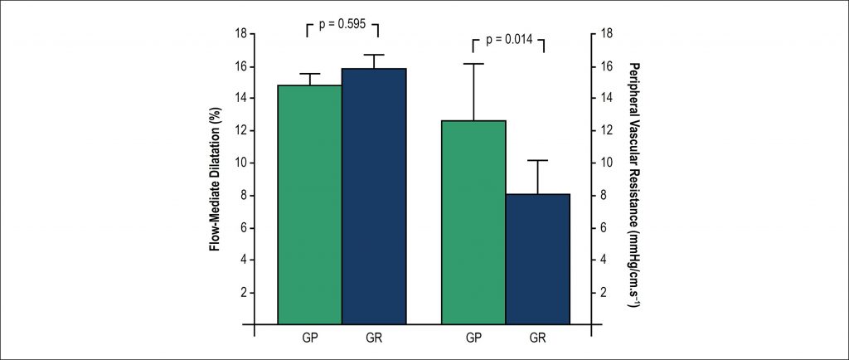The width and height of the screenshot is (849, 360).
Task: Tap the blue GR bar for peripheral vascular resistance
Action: click(538, 258)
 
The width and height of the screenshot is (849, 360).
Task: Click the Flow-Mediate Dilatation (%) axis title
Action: click(217, 179)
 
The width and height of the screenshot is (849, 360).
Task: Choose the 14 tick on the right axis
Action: click(605, 99)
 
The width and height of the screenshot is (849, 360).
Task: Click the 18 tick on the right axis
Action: click(605, 34)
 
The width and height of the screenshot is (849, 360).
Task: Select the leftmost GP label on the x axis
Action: click(310, 338)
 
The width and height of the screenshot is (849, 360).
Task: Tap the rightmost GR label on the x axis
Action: click(538, 338)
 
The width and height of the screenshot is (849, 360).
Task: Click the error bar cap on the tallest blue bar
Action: click(374, 55)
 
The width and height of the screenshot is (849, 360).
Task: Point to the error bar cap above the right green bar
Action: click(473, 64)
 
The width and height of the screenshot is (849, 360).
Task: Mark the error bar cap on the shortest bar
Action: click(538, 160)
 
